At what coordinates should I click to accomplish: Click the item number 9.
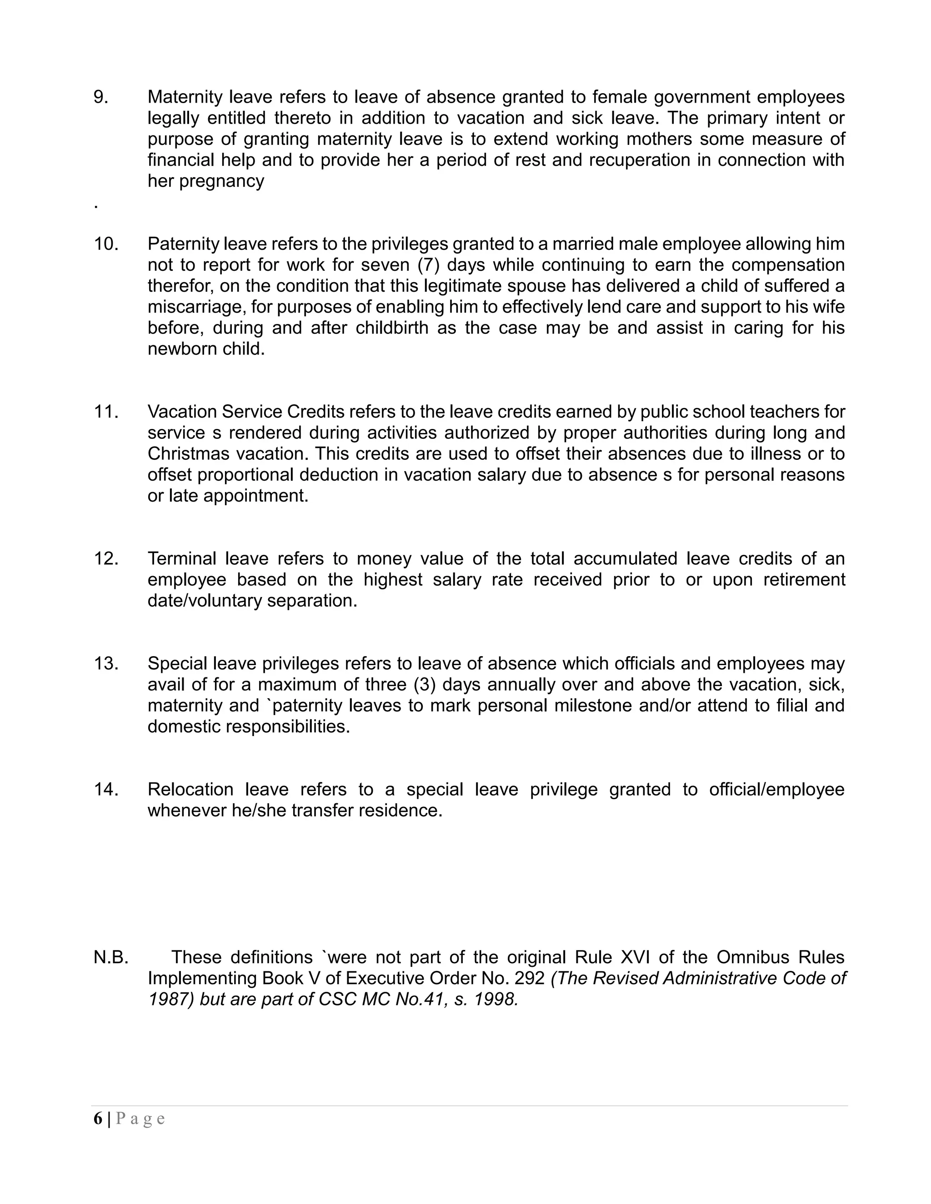[101, 97]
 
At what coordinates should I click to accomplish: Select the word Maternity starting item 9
[184, 97]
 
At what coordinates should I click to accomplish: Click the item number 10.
[106, 244]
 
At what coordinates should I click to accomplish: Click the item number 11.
[106, 411]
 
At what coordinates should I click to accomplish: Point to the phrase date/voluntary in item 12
[205, 600]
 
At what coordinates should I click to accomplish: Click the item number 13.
[106, 663]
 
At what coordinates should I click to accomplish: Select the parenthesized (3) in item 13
[425, 684]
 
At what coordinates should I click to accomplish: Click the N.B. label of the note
[111, 957]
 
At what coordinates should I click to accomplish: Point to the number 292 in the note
[530, 978]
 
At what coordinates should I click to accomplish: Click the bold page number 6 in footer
[98, 1118]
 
